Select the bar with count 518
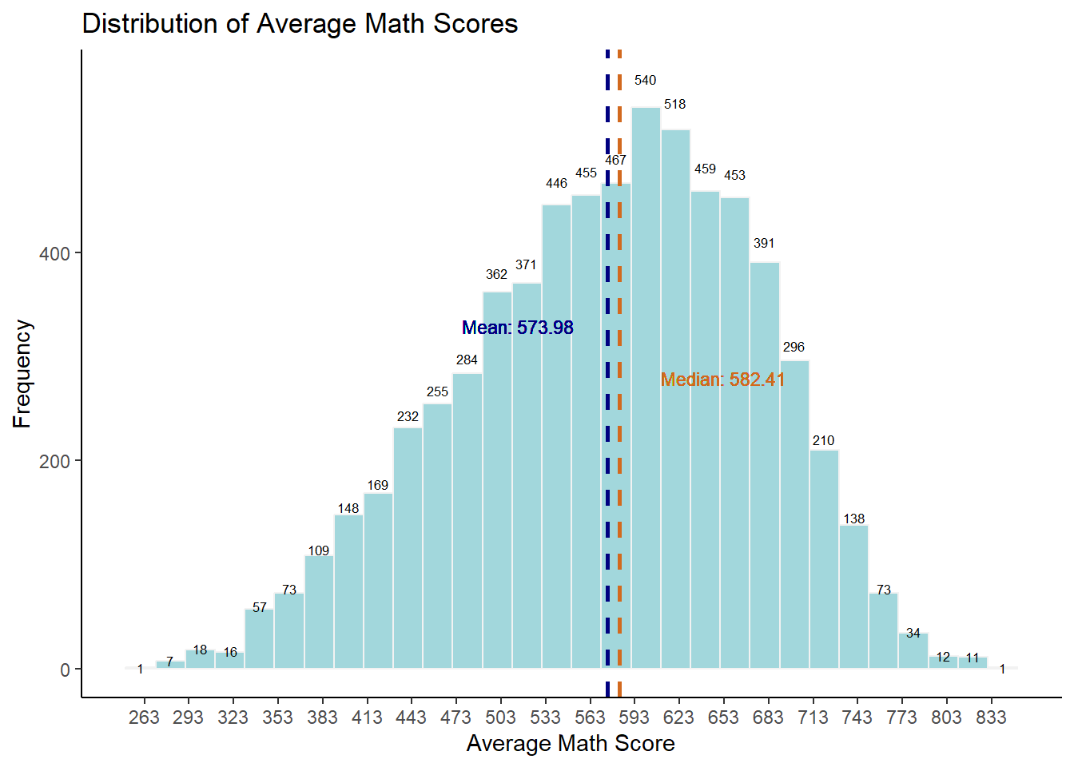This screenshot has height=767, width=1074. (675, 399)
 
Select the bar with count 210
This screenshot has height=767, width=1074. (824, 559)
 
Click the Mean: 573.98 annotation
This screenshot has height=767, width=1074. (518, 328)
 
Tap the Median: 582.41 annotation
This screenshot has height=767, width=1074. (722, 380)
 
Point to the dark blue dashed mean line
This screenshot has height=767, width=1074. (607, 240)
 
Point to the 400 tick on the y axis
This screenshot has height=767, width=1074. (54, 254)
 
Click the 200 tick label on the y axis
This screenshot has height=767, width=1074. (54, 462)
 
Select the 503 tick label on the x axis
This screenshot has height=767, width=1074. (500, 717)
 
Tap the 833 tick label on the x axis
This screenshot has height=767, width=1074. (991, 717)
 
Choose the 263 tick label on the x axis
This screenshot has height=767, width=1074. (144, 717)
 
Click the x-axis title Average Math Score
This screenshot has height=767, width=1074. (571, 744)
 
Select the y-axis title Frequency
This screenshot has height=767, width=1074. (22, 374)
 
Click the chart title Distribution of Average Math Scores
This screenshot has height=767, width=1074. (300, 24)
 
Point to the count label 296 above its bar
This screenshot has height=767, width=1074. (794, 347)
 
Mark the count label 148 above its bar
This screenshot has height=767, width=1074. (348, 508)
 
